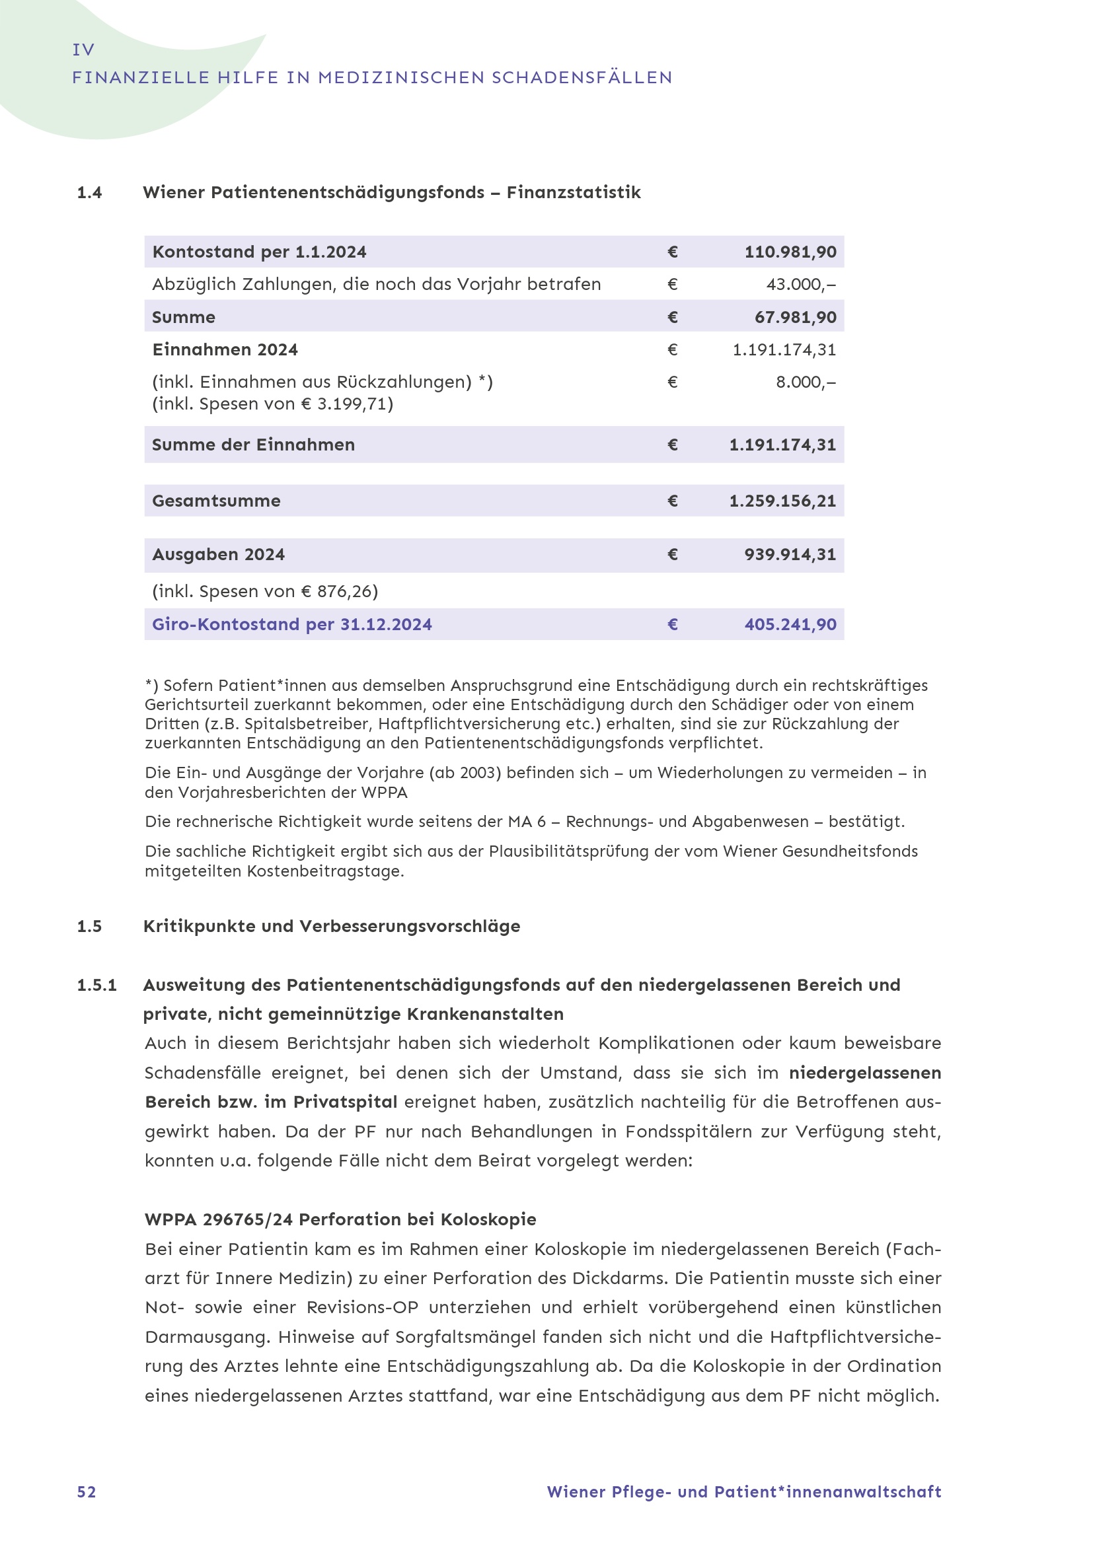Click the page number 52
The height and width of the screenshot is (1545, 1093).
86,1492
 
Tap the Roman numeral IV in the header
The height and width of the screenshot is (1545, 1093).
83,50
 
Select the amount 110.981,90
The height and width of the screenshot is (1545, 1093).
790,252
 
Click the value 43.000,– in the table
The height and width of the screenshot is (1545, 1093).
801,284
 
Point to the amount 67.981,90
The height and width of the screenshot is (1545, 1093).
795,317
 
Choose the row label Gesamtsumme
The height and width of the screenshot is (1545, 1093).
216,501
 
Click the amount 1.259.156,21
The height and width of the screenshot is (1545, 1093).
782,501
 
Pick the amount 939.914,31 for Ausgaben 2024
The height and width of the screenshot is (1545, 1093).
790,554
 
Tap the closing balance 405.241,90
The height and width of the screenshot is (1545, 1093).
790,624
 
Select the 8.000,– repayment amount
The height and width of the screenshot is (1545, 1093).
806,382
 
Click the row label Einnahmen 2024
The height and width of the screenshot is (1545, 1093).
225,350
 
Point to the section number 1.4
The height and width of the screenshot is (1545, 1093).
89,193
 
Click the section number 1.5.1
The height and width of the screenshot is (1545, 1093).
97,985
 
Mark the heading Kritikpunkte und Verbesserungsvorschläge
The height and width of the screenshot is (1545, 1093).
332,927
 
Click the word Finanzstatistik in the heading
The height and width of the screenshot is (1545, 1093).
574,193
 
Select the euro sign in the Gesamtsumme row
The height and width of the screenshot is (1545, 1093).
672,501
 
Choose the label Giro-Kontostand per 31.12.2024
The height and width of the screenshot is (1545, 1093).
291,624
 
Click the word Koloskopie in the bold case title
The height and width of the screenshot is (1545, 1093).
488,1219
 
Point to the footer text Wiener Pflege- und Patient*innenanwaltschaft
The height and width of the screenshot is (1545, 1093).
743,1492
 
